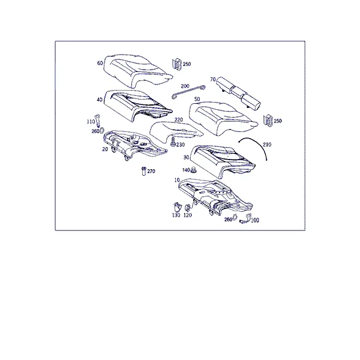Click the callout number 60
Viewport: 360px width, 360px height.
100,63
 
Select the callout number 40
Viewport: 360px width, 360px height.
100,100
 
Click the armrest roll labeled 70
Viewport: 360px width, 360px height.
239,92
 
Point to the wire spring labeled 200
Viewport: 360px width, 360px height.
188,92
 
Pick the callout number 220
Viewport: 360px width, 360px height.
179,119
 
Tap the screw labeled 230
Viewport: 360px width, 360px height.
173,143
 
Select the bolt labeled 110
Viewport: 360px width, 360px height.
98,120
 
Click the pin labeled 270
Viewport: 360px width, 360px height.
144,171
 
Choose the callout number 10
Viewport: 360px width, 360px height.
177,180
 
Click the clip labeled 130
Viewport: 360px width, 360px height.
176,207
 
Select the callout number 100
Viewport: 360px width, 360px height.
255,220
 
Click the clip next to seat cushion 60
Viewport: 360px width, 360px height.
177,64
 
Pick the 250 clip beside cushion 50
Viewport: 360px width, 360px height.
268,121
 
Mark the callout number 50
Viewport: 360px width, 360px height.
197,99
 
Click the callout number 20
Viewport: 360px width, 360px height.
105,149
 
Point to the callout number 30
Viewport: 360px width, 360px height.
186,157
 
